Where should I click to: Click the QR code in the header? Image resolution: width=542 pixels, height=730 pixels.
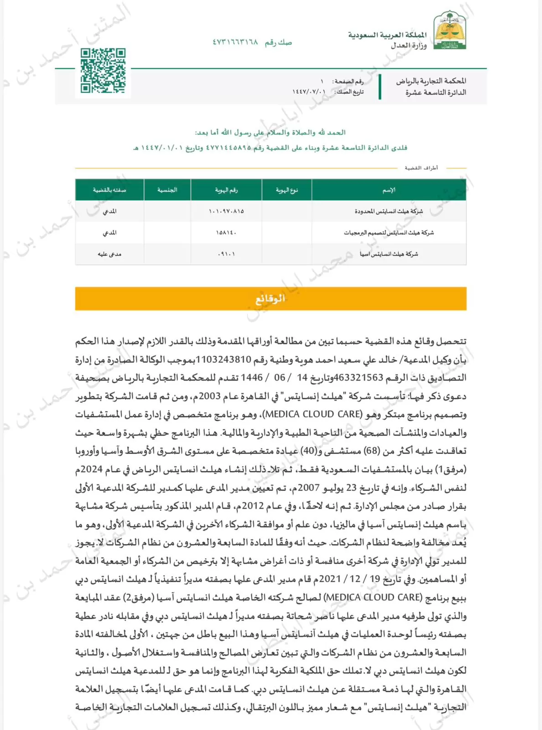coord(103,71)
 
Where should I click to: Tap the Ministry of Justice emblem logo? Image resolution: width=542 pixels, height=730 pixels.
coord(450,31)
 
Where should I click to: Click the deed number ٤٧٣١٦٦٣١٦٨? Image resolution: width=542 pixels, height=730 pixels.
coord(235,42)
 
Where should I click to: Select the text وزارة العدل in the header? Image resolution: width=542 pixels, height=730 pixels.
coord(408,45)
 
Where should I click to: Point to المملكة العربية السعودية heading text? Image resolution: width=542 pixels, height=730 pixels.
coord(387,35)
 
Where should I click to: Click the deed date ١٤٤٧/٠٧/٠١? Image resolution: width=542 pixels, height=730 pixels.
coord(309,92)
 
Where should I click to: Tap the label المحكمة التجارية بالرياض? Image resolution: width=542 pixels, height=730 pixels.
coord(431,81)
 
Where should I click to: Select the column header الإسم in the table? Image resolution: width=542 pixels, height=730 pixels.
coord(389,190)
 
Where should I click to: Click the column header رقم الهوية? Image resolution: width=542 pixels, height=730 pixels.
coord(226,190)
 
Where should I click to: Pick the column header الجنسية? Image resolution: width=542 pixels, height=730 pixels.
coord(167,190)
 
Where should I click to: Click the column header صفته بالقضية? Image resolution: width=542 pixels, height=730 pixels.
coord(109,190)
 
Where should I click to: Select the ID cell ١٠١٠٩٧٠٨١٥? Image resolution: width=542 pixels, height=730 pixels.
coord(226,211)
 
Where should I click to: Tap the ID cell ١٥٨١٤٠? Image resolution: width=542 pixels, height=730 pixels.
coord(226,233)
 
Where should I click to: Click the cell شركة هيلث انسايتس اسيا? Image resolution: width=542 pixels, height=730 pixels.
coord(389,254)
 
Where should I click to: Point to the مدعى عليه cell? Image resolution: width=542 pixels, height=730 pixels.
coord(109,254)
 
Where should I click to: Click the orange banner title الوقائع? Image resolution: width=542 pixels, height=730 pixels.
coord(270,298)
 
